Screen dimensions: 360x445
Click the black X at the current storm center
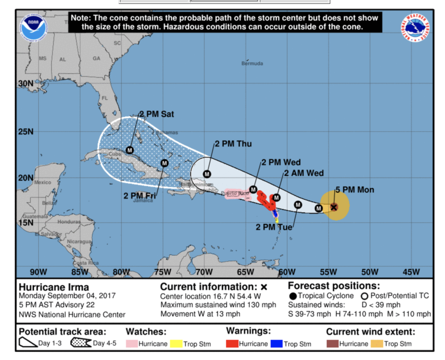tap(334, 207)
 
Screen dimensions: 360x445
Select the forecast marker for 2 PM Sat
tap(129, 150)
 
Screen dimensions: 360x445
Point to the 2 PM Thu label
tap(232, 144)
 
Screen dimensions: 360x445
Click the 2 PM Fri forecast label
tap(139, 196)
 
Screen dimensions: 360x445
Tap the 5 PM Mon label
tap(355, 190)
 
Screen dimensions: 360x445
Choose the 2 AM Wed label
tap(304, 173)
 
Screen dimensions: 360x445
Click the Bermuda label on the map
tap(252, 63)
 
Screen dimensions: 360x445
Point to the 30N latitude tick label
tap(26, 83)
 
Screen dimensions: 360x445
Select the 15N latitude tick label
tap(26, 223)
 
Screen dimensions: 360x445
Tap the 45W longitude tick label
tap(411, 272)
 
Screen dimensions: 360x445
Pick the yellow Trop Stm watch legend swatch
tap(177, 343)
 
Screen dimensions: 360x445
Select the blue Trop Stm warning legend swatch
tap(276, 343)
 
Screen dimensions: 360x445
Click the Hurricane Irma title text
tap(54, 287)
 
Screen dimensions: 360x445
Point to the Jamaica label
tap(143, 200)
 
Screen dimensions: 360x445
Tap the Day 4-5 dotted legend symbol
tap(81, 343)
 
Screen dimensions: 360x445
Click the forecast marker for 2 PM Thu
tap(207, 174)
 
